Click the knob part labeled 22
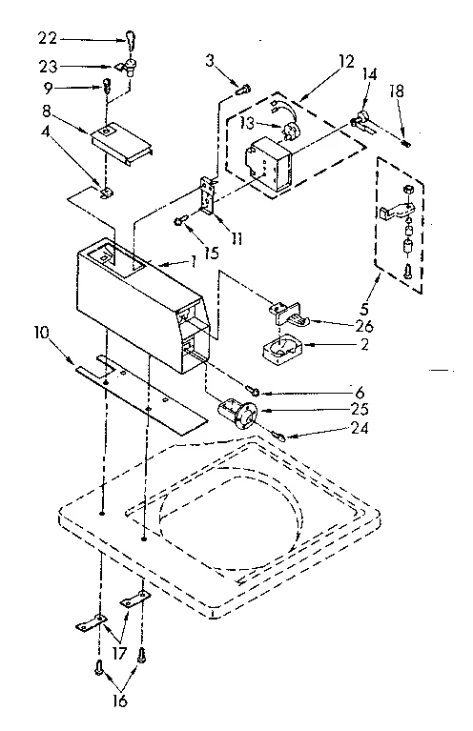point(128,39)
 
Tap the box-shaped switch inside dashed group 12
point(268,159)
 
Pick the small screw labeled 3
point(242,89)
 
